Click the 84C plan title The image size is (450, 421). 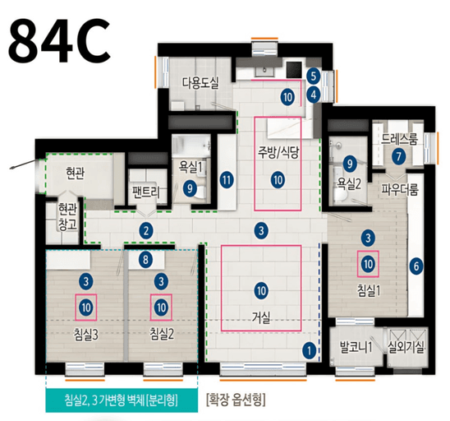pos(61,39)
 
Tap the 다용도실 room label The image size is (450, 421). pos(202,81)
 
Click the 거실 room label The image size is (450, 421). pos(262,316)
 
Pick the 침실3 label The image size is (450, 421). pos(86,334)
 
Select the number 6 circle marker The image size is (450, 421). pos(416,266)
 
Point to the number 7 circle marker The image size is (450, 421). pos(398,156)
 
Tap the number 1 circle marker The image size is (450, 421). pos(309,349)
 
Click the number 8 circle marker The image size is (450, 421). pos(145,261)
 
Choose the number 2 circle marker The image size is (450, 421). pos(145,230)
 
